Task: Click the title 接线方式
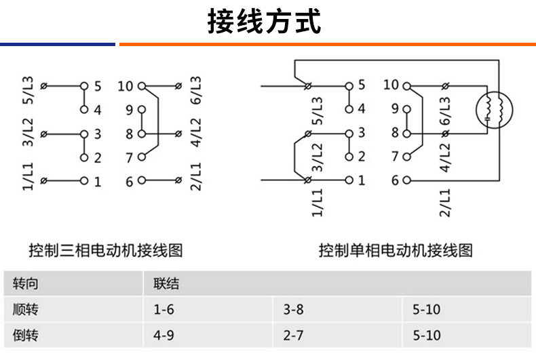(264, 22)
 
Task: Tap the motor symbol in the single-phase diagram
(493, 110)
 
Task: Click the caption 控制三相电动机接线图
(105, 250)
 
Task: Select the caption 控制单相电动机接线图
(396, 250)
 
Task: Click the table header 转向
(25, 284)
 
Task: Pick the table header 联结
(166, 284)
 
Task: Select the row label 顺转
(25, 310)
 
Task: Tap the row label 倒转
(25, 335)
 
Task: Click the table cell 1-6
(164, 310)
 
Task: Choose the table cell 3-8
(293, 310)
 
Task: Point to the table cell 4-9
(164, 335)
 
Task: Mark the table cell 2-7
(293, 335)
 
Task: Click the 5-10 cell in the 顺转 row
(426, 310)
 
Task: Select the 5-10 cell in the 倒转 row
(426, 335)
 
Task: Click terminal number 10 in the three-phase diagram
(126, 86)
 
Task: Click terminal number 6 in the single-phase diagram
(395, 180)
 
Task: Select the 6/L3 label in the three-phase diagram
(196, 89)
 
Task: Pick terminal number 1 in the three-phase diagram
(98, 181)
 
